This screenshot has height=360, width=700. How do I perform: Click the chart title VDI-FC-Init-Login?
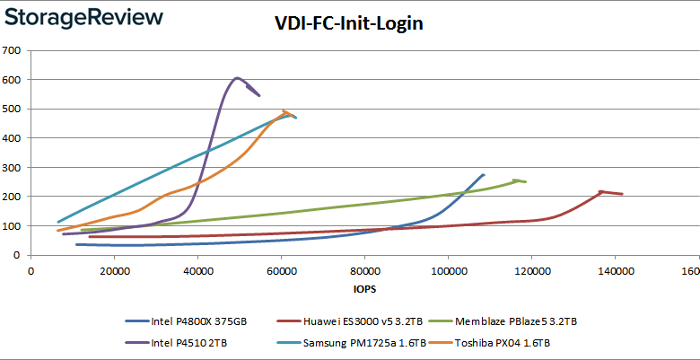click(348, 24)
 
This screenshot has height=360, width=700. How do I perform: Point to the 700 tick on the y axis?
click(13, 50)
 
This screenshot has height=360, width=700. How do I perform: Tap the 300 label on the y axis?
click(13, 167)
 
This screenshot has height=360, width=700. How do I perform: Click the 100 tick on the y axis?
click(13, 226)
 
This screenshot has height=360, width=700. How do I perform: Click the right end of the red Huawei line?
click(622, 194)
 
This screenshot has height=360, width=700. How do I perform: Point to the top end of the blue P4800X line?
click(484, 174)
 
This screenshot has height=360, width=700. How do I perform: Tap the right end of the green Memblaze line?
click(526, 181)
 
